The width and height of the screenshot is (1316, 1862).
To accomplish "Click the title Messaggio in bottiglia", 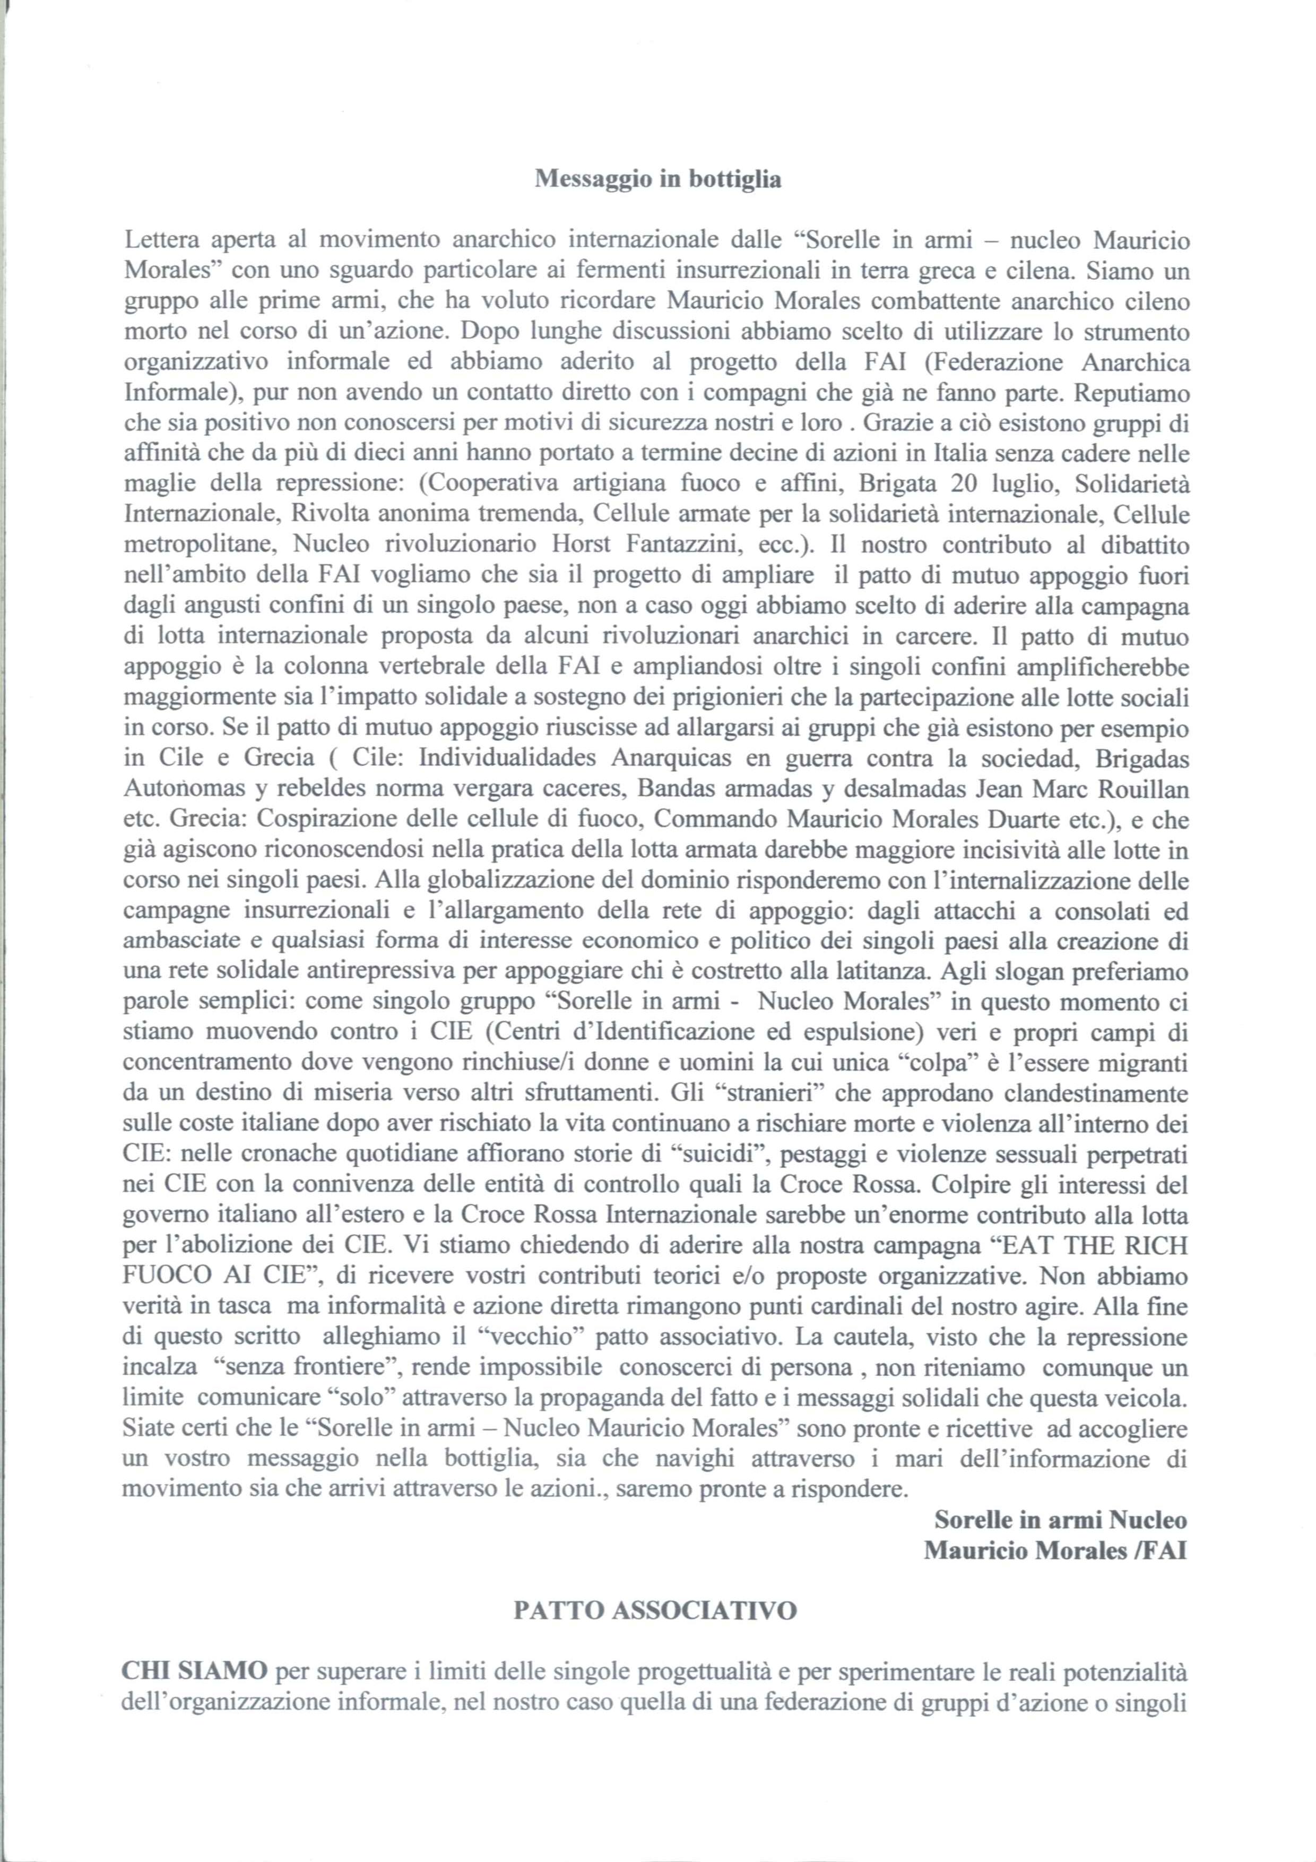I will (657, 179).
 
